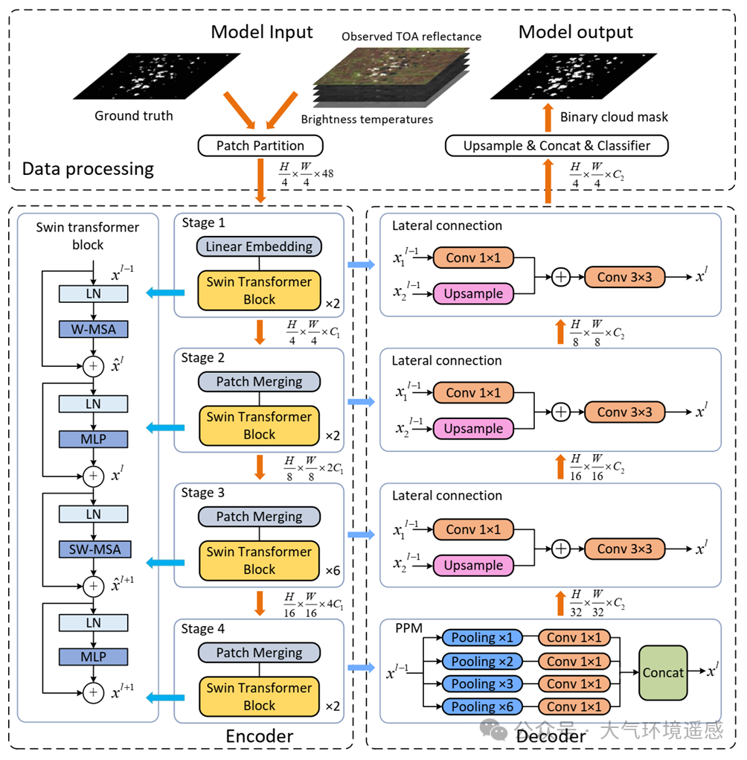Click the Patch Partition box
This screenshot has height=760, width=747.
click(x=259, y=145)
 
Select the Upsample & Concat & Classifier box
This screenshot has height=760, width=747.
click(x=557, y=145)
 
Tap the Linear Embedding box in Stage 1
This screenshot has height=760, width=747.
click(x=259, y=246)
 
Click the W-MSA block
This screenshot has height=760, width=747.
click(x=93, y=328)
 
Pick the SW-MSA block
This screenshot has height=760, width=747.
click(x=93, y=549)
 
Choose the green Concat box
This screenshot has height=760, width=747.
click(x=662, y=672)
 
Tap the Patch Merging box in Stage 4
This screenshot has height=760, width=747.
click(x=259, y=653)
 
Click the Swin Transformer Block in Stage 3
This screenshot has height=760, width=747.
click(x=259, y=561)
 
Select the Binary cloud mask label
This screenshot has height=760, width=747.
click(x=614, y=117)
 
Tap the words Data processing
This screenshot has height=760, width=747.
click(x=88, y=169)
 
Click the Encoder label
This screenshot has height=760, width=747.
click(x=259, y=736)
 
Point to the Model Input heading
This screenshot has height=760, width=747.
click(x=262, y=32)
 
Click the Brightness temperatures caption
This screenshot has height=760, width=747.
click(x=367, y=119)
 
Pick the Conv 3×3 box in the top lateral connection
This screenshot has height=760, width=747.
click(x=623, y=276)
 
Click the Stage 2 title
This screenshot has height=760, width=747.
click(x=203, y=358)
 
